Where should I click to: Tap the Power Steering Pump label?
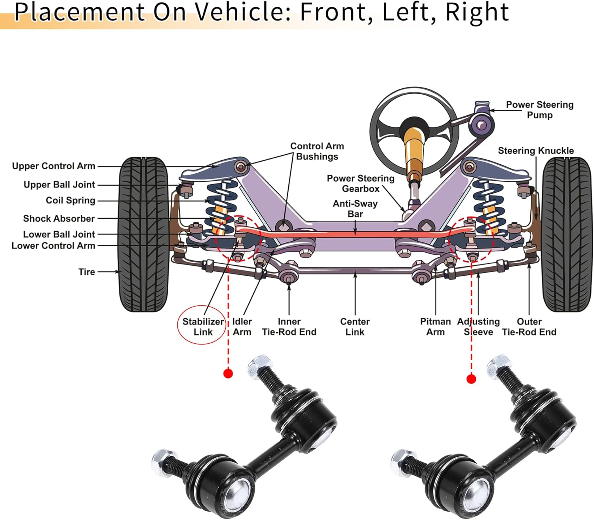(x=539, y=110)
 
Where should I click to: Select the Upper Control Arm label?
(x=54, y=166)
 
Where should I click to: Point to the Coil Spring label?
(x=70, y=200)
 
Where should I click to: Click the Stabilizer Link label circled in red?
(x=203, y=327)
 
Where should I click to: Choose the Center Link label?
(x=355, y=327)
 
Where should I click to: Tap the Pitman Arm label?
(x=436, y=327)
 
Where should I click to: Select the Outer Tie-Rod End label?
(x=529, y=327)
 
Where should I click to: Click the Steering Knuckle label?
(x=536, y=150)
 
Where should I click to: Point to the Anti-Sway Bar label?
(x=355, y=209)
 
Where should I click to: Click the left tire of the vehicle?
(x=143, y=234)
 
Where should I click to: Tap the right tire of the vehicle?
(x=567, y=234)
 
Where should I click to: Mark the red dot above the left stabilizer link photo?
(x=228, y=373)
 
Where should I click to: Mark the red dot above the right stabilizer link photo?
(x=471, y=379)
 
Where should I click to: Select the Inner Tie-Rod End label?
(x=289, y=327)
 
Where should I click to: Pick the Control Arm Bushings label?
(x=317, y=151)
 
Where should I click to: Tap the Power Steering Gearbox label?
(x=361, y=183)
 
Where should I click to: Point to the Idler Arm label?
(x=242, y=327)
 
